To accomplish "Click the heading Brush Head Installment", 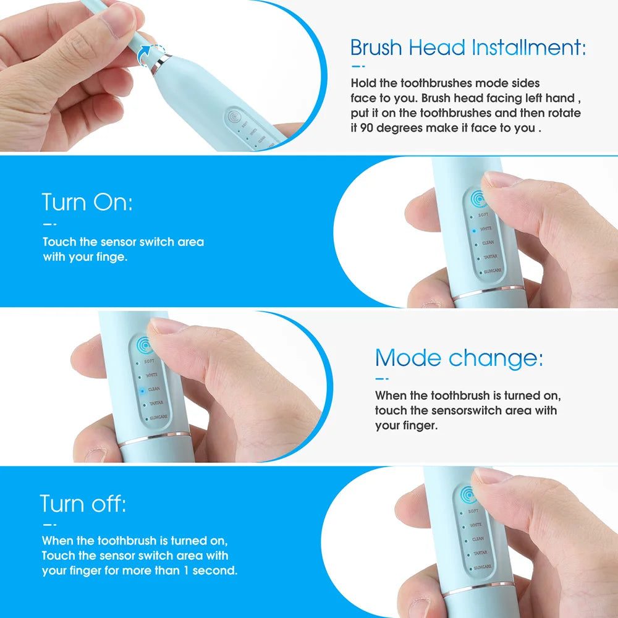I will tap(468, 47).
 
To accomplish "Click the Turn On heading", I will tap(87, 202).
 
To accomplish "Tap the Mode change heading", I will tap(459, 358).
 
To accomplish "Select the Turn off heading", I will tap(83, 504).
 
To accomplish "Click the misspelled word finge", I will tap(112, 256).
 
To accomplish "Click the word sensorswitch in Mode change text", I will tap(483, 410).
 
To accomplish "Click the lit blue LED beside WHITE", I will tap(474, 229).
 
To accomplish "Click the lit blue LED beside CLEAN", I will tap(142, 390).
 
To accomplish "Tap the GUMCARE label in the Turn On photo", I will tap(493, 271).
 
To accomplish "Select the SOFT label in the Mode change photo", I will tap(149, 361).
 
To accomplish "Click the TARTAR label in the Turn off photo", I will tap(479, 553).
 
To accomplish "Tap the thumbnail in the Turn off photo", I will tap(491, 476).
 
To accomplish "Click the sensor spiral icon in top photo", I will tap(235, 117).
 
